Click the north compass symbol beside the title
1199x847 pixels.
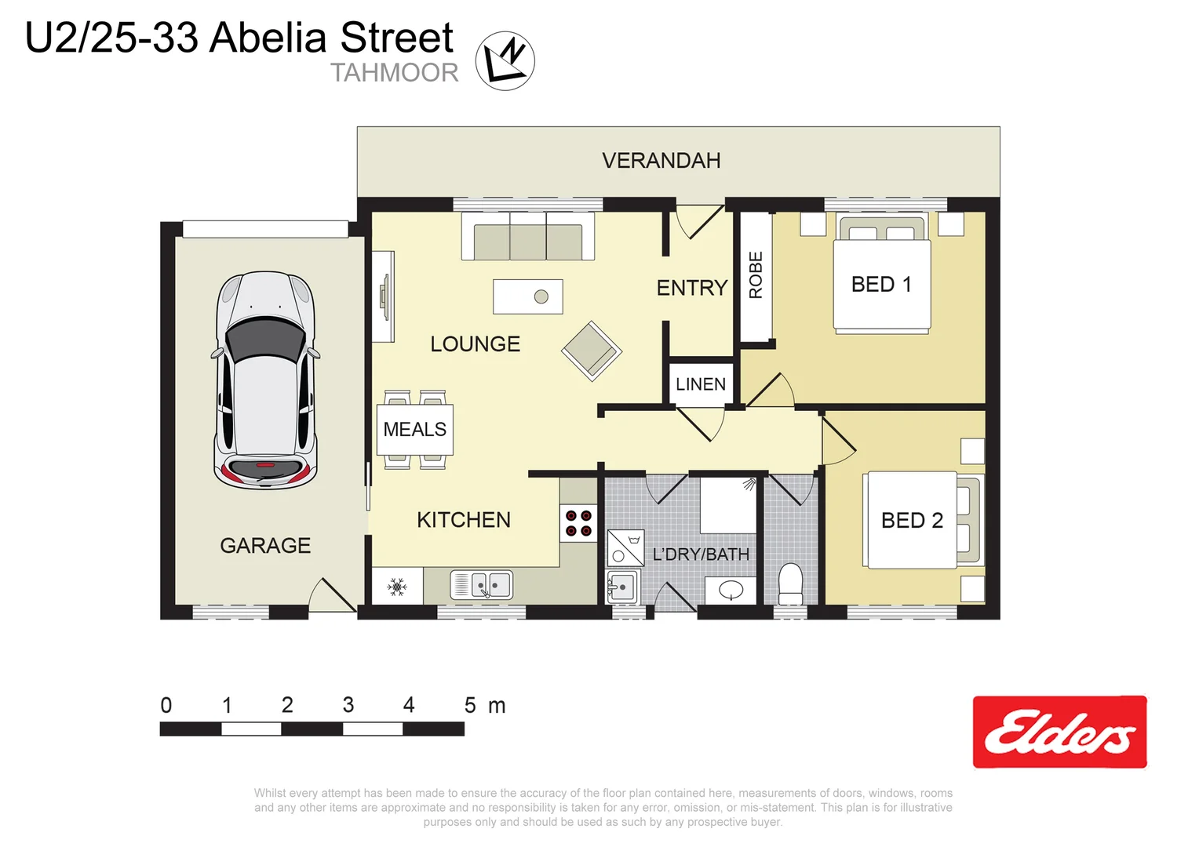click(x=505, y=60)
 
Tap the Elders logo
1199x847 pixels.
click(x=1059, y=732)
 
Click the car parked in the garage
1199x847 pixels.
click(x=265, y=380)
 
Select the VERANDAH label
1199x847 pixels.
click(x=661, y=161)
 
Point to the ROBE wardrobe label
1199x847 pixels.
click(x=756, y=275)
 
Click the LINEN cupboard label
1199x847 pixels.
click(x=701, y=384)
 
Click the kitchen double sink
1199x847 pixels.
click(x=481, y=585)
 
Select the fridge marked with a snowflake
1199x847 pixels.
click(x=397, y=587)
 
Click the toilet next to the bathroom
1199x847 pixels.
click(x=790, y=584)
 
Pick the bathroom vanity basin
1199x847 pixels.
click(x=731, y=590)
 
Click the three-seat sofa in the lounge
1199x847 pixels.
click(x=527, y=236)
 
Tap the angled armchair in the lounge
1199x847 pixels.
click(x=592, y=351)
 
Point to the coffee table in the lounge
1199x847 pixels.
click(x=527, y=296)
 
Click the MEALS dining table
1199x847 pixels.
click(x=414, y=429)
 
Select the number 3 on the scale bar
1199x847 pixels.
click(x=348, y=705)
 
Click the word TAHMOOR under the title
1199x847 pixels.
click(x=394, y=73)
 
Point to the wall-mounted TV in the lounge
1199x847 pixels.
click(x=384, y=296)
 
